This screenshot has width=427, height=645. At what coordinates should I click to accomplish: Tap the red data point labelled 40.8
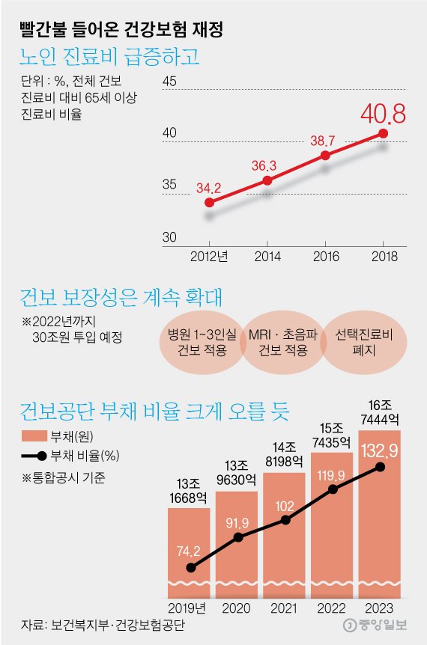point(383,133)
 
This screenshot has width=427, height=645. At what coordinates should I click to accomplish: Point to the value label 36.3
point(264,165)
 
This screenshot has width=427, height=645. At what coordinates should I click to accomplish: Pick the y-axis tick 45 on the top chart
point(169,82)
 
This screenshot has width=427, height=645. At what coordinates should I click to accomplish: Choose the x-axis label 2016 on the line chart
point(325,256)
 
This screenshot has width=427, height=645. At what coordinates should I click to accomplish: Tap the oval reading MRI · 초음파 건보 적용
point(282,341)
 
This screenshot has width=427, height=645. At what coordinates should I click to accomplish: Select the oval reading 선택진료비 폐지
point(360,341)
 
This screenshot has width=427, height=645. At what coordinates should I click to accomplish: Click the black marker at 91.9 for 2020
point(238,537)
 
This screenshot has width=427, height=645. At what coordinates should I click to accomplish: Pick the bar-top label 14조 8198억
point(284,455)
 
